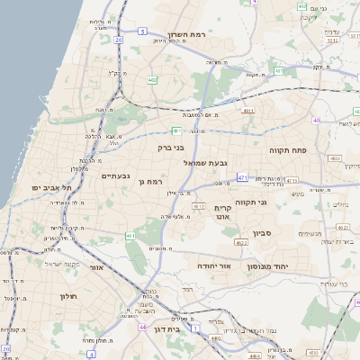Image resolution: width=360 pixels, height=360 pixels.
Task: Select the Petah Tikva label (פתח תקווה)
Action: tap(289, 151)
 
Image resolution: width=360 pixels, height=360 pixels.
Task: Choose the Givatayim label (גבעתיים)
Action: tap(116, 175)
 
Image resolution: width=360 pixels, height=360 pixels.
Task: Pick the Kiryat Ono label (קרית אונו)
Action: tap(224, 211)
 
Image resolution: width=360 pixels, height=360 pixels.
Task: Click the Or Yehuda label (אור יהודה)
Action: tap(213, 267)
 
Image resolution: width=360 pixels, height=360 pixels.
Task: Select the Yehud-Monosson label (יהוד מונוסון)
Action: tap(287, 254)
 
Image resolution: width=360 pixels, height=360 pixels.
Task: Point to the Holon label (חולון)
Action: tap(69, 296)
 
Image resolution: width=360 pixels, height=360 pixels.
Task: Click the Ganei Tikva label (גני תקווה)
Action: tap(251, 203)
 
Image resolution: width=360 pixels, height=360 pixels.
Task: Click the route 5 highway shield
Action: tap(142, 31)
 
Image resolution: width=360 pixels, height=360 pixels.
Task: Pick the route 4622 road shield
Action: tap(241, 242)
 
